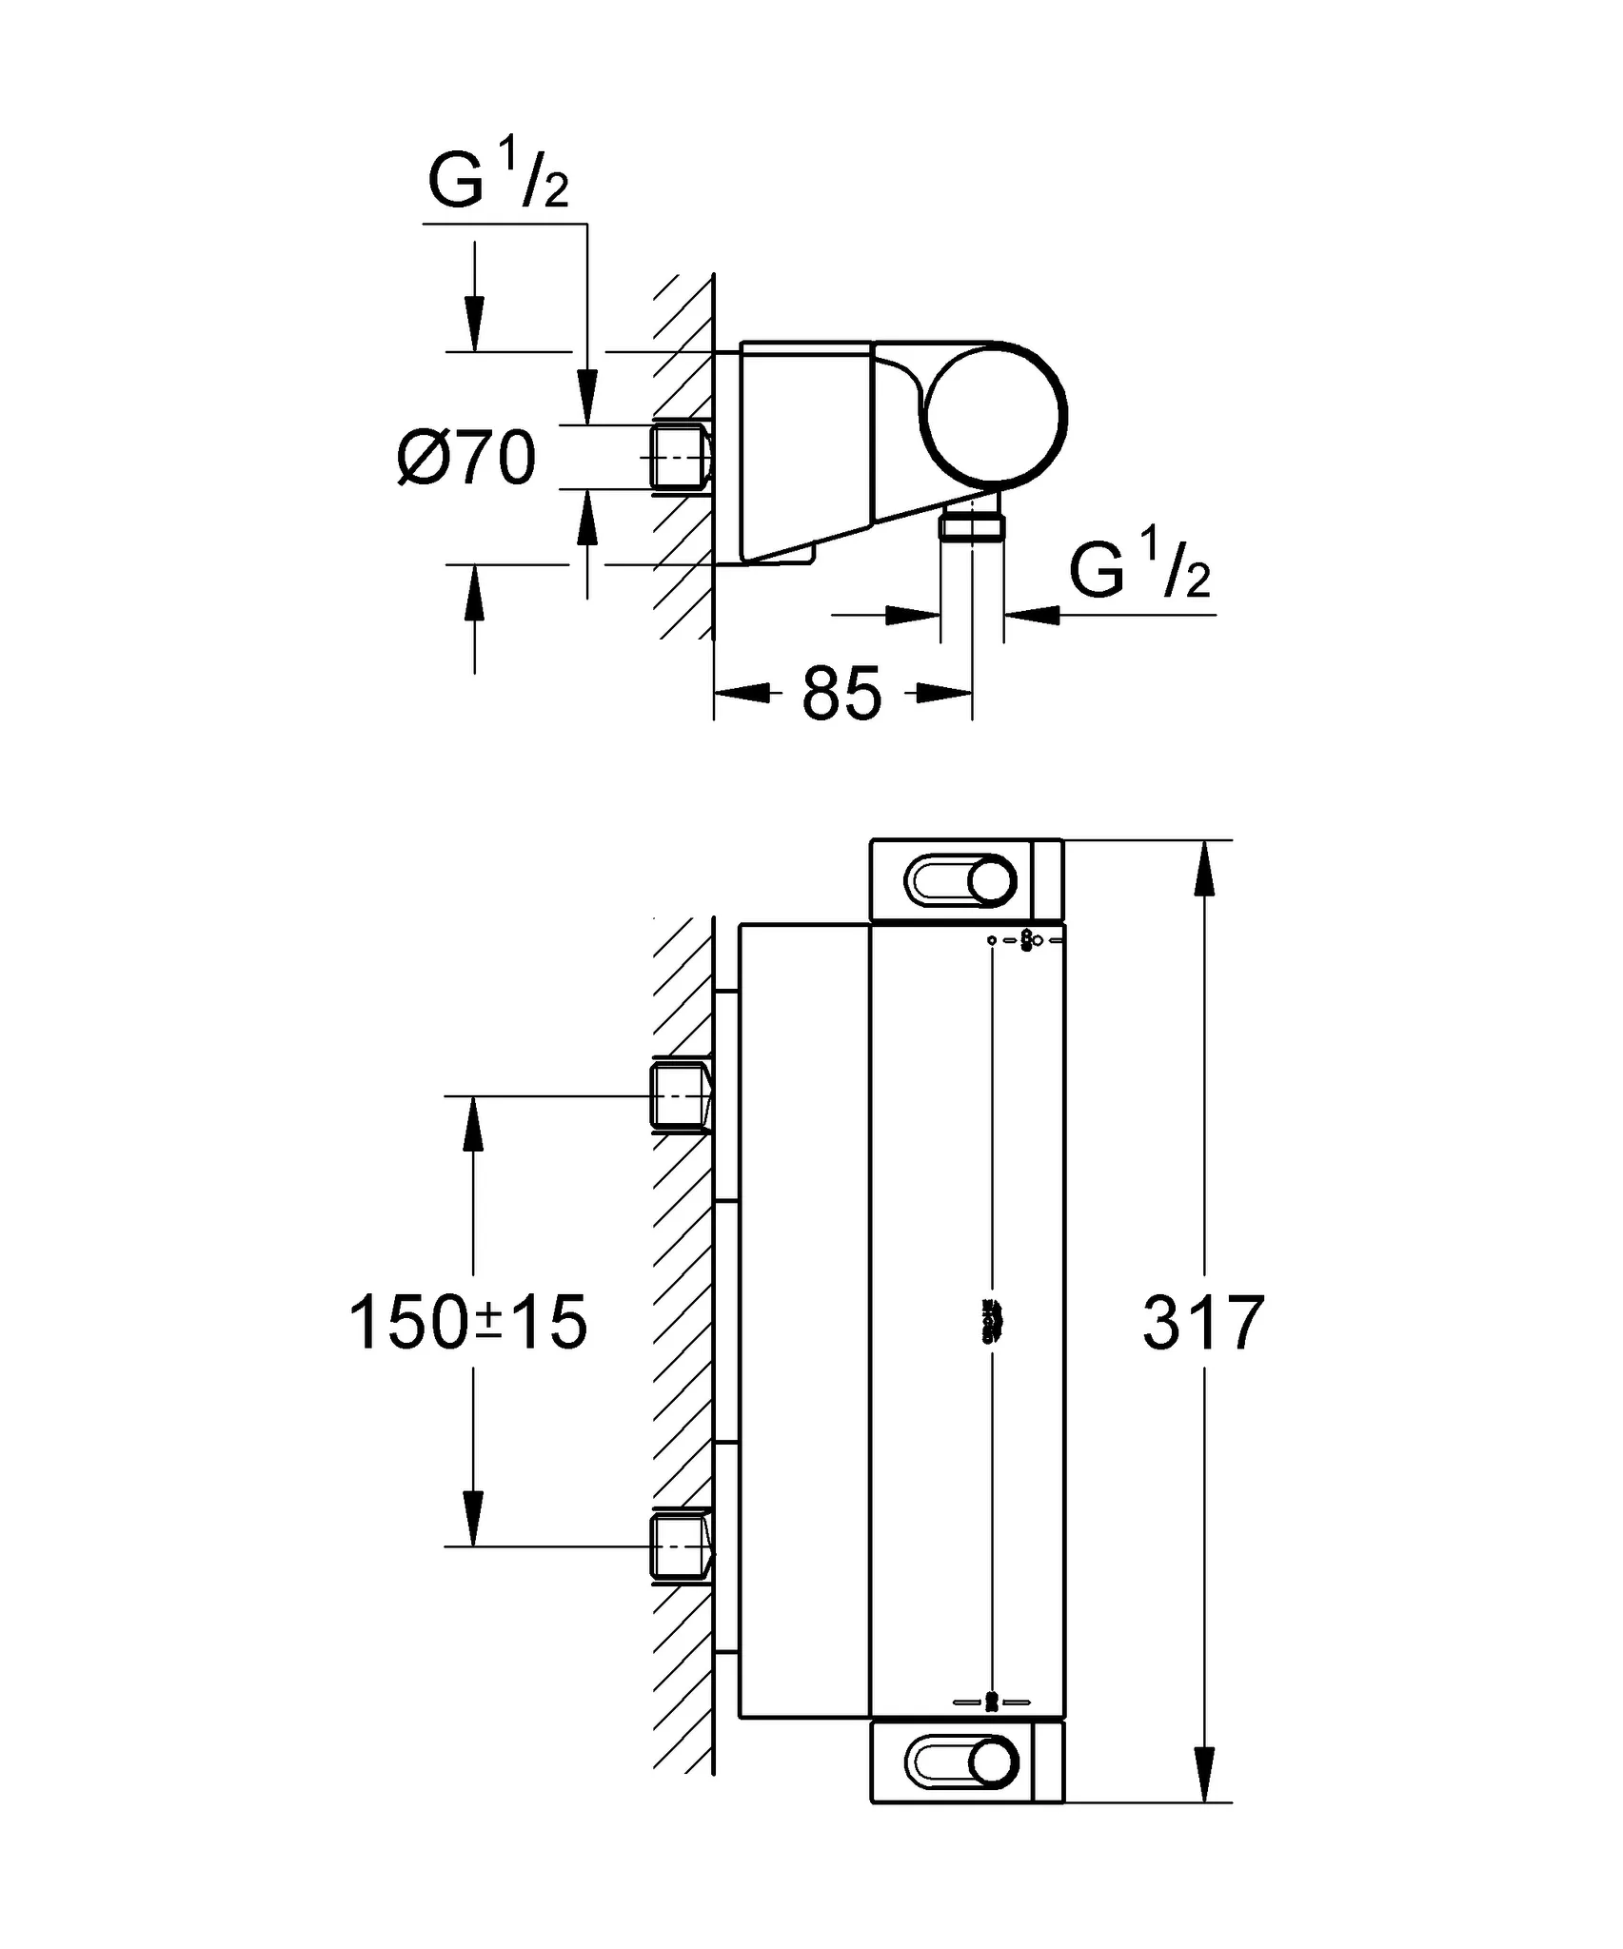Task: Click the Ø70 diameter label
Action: [466, 459]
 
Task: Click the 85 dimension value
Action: [841, 694]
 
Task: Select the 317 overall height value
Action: [1203, 1323]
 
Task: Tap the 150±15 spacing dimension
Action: [468, 1323]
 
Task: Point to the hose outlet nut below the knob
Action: [972, 524]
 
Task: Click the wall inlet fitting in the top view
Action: [680, 458]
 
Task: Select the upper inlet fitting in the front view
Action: [680, 1095]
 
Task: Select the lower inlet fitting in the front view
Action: [680, 1546]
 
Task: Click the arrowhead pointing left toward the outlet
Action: [1031, 615]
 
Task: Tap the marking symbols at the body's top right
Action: [1026, 940]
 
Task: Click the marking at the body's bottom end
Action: [992, 1702]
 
